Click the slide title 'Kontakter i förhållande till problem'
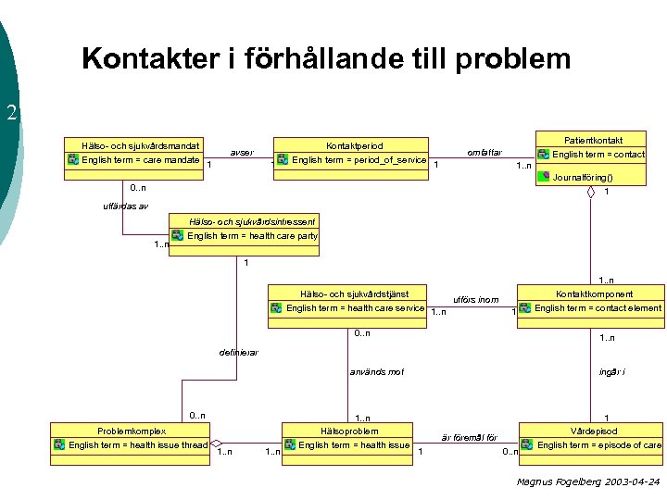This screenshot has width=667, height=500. point(326,59)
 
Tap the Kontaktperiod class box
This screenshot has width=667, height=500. point(353,154)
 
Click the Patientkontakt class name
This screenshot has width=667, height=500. point(593,139)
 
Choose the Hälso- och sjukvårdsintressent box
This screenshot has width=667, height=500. point(245,230)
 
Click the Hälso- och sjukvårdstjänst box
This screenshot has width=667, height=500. point(347,302)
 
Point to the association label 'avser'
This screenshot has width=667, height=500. point(242,152)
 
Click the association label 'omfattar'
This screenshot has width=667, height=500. point(485,152)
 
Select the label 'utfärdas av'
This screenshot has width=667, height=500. point(125,206)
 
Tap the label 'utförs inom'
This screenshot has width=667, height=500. point(476,299)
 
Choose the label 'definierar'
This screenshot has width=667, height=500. point(239,352)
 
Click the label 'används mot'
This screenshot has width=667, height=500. point(376,372)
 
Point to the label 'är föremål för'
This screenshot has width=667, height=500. point(469,437)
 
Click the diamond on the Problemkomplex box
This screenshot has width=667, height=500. point(218,444)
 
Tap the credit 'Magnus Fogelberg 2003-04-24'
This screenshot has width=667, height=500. point(588,481)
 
